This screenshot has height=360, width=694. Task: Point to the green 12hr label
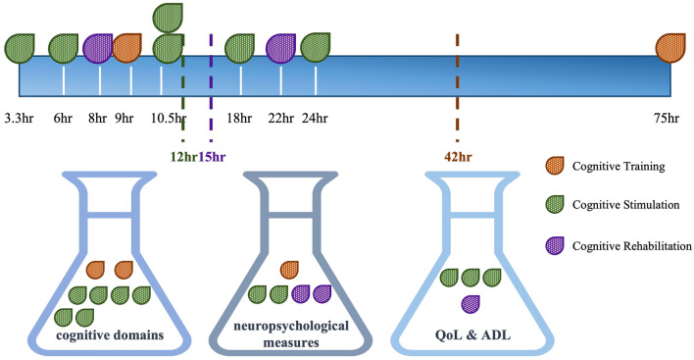pos(181,157)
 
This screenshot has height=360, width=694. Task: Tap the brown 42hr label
pos(457,155)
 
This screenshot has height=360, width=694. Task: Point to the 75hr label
pos(667,119)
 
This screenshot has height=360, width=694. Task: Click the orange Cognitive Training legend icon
pos(555,167)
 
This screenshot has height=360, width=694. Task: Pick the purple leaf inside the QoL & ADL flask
pos(471,302)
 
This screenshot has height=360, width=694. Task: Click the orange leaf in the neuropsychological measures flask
pos(290,269)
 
